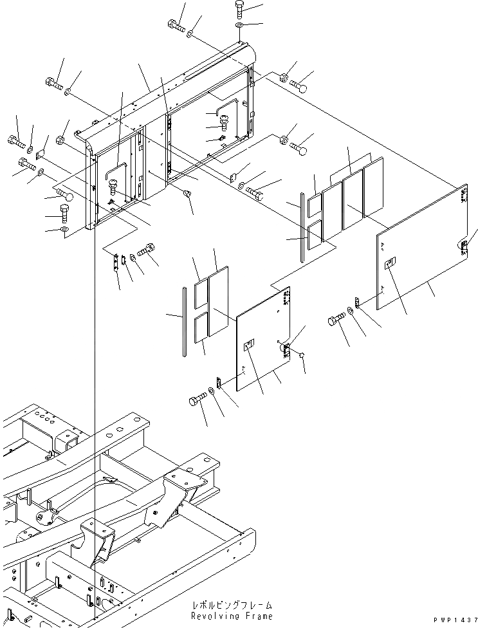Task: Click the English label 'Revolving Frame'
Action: [x=232, y=616]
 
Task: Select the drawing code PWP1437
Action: [x=455, y=620]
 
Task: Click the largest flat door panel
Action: [x=421, y=245]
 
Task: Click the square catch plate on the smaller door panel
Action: [x=249, y=346]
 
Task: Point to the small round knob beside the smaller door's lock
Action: [x=301, y=355]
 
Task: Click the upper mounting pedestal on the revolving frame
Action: [x=186, y=483]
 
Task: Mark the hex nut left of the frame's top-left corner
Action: [x=63, y=139]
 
